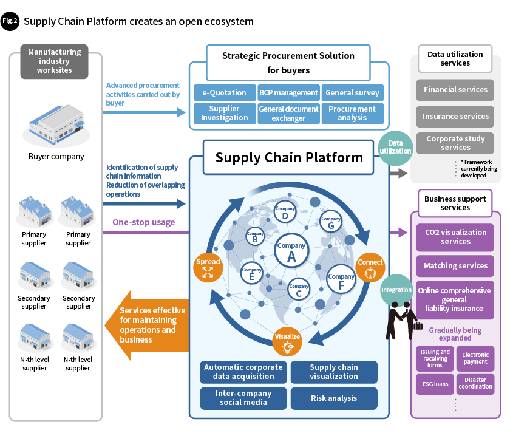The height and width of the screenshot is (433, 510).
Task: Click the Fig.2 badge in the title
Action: pyautogui.click(x=10, y=21)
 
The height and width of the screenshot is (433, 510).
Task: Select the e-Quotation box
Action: pyautogui.click(x=224, y=93)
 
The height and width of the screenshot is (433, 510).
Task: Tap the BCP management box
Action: pyautogui.click(x=288, y=93)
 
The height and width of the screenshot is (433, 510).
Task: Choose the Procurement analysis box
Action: pyautogui.click(x=352, y=114)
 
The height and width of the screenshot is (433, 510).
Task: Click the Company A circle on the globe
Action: pyautogui.click(x=291, y=251)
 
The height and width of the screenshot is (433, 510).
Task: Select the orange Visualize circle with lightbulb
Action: pyautogui.click(x=288, y=341)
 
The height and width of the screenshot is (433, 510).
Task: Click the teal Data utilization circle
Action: pyautogui.click(x=395, y=147)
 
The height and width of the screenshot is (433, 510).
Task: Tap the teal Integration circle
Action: pyautogui.click(x=396, y=290)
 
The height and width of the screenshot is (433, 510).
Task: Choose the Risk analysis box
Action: pyautogui.click(x=334, y=398)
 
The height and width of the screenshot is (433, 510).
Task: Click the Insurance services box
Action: pyautogui.click(x=456, y=117)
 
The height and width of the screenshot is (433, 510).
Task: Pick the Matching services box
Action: pyautogui.click(x=455, y=266)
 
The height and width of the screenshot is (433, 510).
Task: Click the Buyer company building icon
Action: pyautogui.click(x=56, y=125)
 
